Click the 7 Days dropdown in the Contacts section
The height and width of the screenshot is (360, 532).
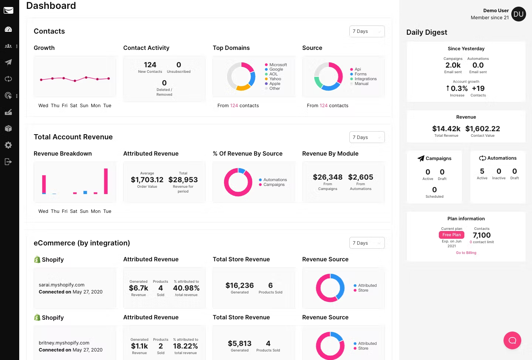pos(367,31)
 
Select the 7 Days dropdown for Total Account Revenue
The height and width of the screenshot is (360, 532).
pos(367,137)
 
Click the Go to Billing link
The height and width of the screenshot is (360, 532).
pos(466,253)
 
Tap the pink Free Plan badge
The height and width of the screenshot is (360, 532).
pos(451,235)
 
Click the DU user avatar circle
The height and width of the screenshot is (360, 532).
pos(518,14)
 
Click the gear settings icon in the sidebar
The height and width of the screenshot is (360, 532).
pos(8,145)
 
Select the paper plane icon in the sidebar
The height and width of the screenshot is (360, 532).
pos(8,62)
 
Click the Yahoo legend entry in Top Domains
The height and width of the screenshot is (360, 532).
pos(275,79)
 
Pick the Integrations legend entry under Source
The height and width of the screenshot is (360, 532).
pos(365,79)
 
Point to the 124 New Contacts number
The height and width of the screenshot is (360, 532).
pos(150,65)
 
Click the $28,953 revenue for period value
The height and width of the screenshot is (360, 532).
pos(183,180)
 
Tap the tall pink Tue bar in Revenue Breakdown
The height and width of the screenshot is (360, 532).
pos(106,181)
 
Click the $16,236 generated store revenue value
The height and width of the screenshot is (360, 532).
pos(240,285)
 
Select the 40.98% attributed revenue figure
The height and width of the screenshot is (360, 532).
pos(186,288)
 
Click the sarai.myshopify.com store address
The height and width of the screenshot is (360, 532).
pos(61,285)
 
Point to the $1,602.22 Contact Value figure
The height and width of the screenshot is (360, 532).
pos(482,129)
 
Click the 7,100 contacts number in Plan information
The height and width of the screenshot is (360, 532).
pos(482,235)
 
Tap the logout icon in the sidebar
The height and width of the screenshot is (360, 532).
pos(8,162)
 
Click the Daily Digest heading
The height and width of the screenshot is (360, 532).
pos(427,32)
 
